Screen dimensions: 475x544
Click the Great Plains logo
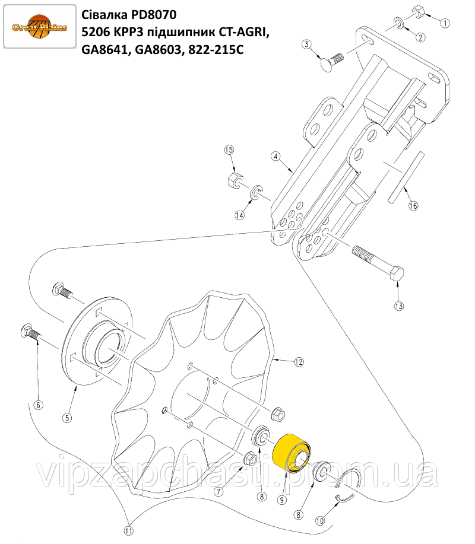(39, 26)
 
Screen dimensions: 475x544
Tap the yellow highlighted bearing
(293, 453)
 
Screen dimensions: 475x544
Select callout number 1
(445, 23)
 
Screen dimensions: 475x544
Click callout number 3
(306, 44)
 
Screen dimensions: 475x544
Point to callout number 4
(275, 157)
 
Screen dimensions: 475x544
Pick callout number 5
(67, 418)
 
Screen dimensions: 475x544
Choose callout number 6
(38, 405)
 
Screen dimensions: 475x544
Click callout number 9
(281, 500)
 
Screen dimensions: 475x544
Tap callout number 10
(320, 520)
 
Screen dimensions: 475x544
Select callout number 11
(128, 531)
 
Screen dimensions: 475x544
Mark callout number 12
(299, 362)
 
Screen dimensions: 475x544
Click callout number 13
(398, 306)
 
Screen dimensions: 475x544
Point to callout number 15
(229, 150)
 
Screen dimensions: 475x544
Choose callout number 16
(413, 206)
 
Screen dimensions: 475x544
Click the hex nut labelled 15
(233, 180)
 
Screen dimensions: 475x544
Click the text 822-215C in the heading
(216, 50)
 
